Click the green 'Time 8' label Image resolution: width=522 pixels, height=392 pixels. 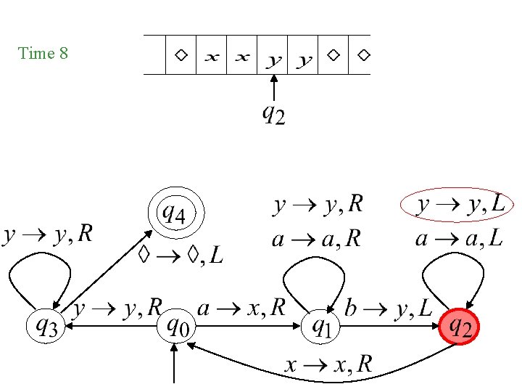click(x=43, y=53)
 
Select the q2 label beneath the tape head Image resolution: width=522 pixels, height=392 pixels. click(x=273, y=115)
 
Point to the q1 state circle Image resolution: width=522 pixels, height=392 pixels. click(x=321, y=327)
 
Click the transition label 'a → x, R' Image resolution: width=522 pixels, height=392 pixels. click(x=242, y=309)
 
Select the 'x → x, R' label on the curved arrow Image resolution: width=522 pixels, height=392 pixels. click(x=328, y=364)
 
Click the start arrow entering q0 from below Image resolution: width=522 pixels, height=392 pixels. click(x=175, y=363)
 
